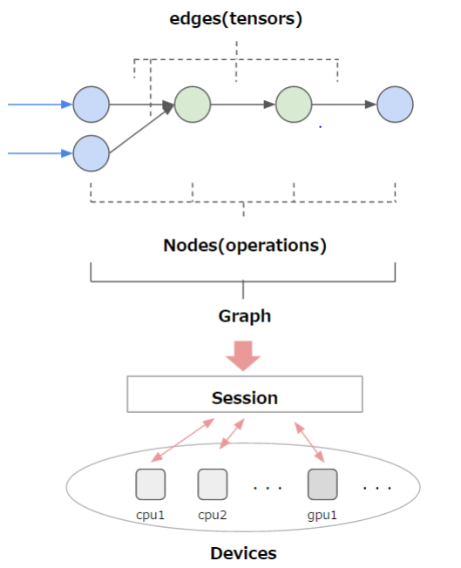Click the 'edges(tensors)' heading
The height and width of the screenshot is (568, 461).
pyautogui.click(x=235, y=18)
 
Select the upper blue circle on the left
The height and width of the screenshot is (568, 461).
pyautogui.click(x=92, y=105)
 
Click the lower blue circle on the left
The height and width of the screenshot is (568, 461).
pyautogui.click(x=92, y=153)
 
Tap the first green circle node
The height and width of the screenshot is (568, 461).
pyautogui.click(x=193, y=105)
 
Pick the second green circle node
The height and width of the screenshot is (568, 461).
pyautogui.click(x=294, y=105)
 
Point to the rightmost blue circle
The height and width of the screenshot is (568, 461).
pyautogui.click(x=395, y=105)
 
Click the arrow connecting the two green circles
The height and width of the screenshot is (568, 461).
pyautogui.click(x=243, y=105)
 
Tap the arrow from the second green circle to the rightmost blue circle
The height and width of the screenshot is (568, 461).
pyautogui.click(x=344, y=105)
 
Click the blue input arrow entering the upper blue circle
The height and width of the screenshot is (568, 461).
pyautogui.click(x=40, y=105)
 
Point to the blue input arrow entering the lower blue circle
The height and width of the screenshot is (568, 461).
pyautogui.click(x=40, y=153)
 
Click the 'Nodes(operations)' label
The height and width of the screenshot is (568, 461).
pyautogui.click(x=245, y=245)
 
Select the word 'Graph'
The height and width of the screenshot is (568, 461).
pyautogui.click(x=244, y=315)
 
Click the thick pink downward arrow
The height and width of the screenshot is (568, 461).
pyautogui.click(x=244, y=354)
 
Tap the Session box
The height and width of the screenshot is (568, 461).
pyautogui.click(x=244, y=397)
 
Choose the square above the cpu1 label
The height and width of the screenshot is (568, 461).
pyautogui.click(x=150, y=483)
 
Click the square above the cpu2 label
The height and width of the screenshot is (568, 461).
pyautogui.click(x=212, y=483)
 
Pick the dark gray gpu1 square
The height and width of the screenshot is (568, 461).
pyautogui.click(x=322, y=483)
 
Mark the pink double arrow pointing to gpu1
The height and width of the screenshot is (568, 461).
pyautogui.click(x=309, y=442)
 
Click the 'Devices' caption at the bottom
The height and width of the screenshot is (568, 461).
pyautogui.click(x=243, y=552)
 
